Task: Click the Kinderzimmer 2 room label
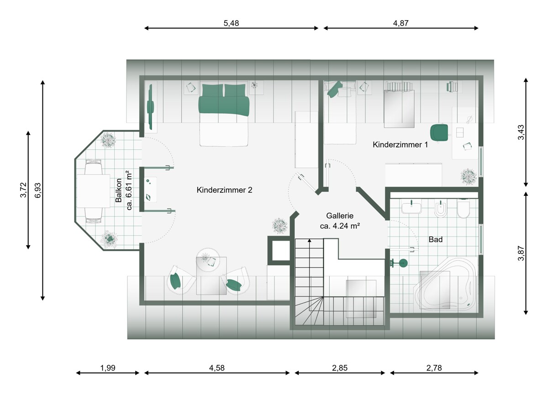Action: click(x=224, y=190)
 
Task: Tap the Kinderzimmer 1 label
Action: click(x=400, y=145)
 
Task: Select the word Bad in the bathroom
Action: click(x=436, y=239)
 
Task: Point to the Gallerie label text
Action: click(x=340, y=216)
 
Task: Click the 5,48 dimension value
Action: click(x=231, y=23)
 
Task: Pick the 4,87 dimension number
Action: click(x=401, y=23)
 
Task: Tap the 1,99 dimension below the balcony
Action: click(x=108, y=368)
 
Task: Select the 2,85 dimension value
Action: click(x=340, y=368)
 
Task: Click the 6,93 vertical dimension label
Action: click(x=38, y=190)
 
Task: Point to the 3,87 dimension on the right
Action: click(x=521, y=253)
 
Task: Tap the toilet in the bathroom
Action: click(x=464, y=208)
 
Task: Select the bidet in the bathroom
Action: click(x=441, y=209)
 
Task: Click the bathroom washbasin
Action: click(x=411, y=207)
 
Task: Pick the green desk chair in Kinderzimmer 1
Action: click(x=439, y=132)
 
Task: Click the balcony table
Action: click(x=94, y=191)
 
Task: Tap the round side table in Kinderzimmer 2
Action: click(x=208, y=260)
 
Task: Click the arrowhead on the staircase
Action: click(x=310, y=241)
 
